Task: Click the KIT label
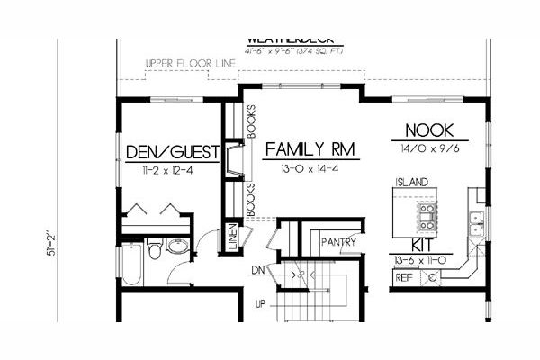tap(425, 245)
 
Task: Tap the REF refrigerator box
tap(405, 278)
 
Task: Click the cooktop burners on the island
tap(426, 216)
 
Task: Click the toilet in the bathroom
tap(154, 249)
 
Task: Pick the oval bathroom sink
tap(177, 243)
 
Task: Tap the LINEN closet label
tap(232, 235)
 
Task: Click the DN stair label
tap(258, 268)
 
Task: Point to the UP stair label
tap(261, 302)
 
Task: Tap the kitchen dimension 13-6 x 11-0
tap(425, 260)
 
